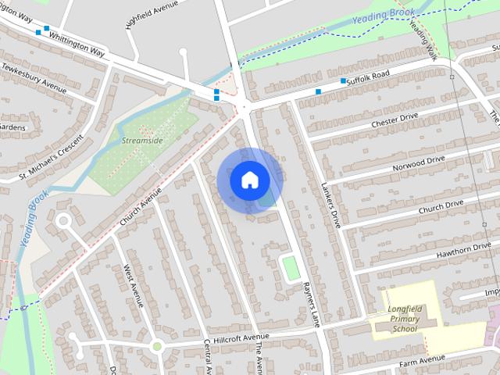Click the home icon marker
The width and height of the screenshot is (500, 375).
click(249, 180)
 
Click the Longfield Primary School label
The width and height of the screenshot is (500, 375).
click(404, 319)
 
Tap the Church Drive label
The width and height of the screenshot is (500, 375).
click(441, 206)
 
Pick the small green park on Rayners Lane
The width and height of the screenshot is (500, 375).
click(291, 268)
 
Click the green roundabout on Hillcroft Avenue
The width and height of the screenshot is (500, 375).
click(156, 346)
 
